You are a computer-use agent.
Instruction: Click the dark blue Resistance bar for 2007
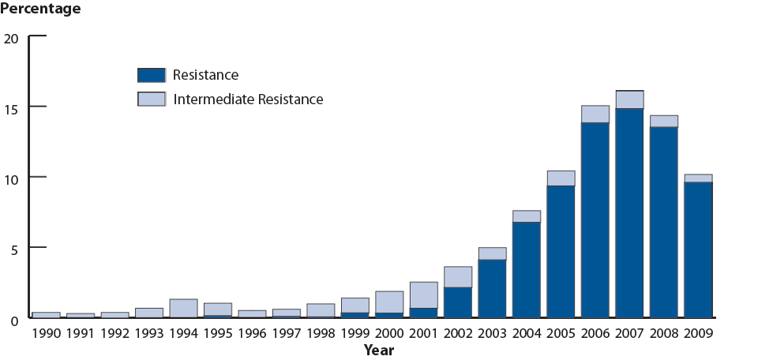(629, 212)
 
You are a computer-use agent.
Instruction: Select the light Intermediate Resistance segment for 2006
(595, 114)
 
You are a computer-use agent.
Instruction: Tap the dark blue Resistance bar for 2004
(527, 269)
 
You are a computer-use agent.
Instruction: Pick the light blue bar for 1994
(183, 308)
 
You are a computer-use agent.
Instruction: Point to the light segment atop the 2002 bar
(458, 277)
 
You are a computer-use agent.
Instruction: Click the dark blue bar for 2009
(698, 249)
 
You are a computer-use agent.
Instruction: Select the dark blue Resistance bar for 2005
(561, 251)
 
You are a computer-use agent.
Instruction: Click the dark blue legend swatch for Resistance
(151, 75)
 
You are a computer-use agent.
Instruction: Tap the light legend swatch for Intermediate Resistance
(151, 99)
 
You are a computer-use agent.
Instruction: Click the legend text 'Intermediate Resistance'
(248, 99)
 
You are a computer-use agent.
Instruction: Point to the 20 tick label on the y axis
(11, 37)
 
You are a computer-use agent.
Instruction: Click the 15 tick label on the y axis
(11, 107)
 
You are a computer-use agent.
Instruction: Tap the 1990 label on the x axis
(46, 334)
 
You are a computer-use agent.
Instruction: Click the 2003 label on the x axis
(492, 334)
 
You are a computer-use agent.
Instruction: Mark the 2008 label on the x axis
(663, 334)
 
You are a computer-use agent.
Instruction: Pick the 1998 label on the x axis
(321, 334)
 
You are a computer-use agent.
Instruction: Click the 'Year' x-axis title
(379, 350)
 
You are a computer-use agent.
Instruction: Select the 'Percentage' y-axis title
(40, 9)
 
